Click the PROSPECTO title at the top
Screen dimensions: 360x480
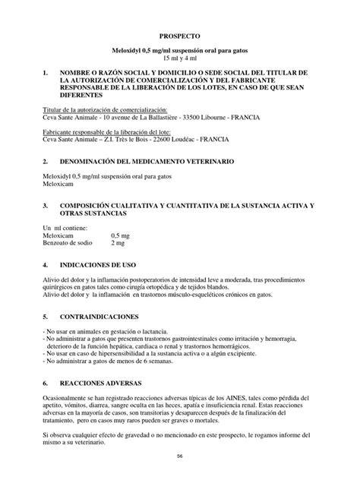(x=179, y=35)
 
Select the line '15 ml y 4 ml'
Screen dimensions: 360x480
(x=179, y=58)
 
